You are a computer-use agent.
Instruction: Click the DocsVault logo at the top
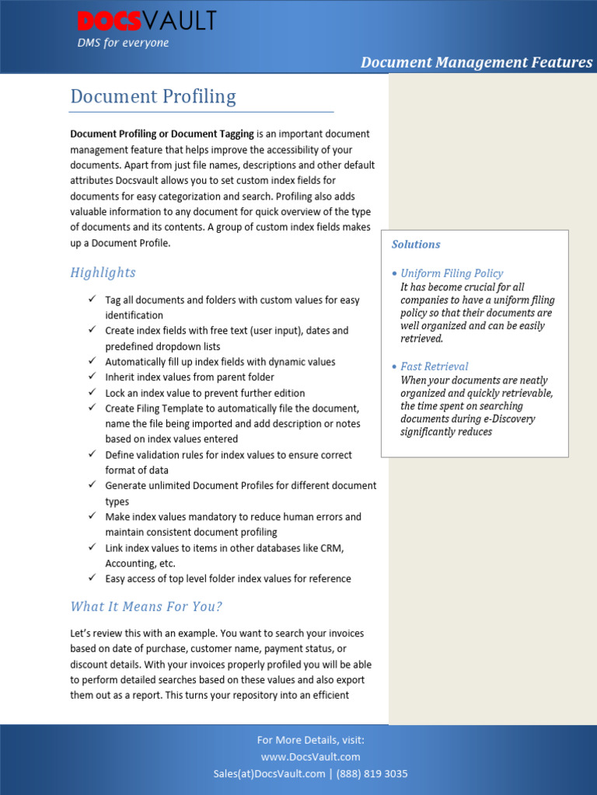coord(146,21)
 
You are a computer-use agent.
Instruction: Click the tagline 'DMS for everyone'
coord(123,43)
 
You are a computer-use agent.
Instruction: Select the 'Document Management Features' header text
coord(476,62)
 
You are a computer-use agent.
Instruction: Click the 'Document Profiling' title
coord(153,96)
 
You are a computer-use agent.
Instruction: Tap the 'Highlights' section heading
coord(103,273)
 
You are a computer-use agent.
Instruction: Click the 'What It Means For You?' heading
coord(146,606)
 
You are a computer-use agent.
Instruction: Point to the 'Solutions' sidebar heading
coord(416,245)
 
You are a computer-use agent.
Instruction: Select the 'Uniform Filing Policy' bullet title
coord(451,273)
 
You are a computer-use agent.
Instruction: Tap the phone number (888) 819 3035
coord(372,774)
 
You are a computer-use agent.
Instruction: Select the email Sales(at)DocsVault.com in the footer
coord(269,774)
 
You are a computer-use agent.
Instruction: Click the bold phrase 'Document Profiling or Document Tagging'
coord(162,134)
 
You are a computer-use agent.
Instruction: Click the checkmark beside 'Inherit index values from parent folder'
coord(91,377)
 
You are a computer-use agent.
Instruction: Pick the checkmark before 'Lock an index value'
coord(91,392)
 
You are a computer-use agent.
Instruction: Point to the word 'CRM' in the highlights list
coord(332,548)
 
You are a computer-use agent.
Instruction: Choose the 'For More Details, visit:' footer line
coord(310,740)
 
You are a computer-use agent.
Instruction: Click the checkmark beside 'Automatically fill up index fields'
coord(91,361)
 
